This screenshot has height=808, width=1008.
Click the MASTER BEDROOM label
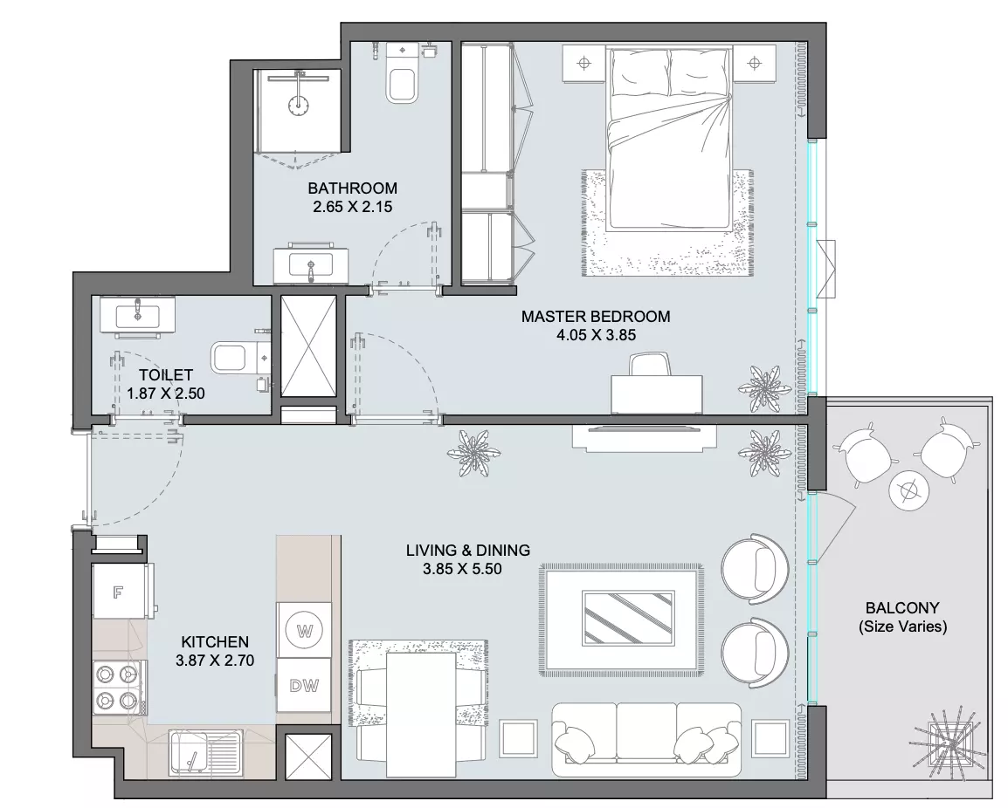click(596, 316)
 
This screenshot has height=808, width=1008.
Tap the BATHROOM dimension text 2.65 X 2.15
click(352, 207)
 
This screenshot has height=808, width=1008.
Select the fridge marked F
click(120, 591)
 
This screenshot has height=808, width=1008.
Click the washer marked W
click(304, 630)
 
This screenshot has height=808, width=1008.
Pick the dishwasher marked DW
click(304, 685)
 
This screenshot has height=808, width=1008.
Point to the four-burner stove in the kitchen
click(118, 687)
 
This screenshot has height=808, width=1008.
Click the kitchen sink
click(206, 753)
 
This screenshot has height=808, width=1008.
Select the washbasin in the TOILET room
click(137, 315)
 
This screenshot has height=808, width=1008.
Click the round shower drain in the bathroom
click(298, 106)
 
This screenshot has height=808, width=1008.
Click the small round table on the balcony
click(909, 491)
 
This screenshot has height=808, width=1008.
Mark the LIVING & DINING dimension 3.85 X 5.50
click(462, 568)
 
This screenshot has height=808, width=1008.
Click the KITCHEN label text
click(215, 641)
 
